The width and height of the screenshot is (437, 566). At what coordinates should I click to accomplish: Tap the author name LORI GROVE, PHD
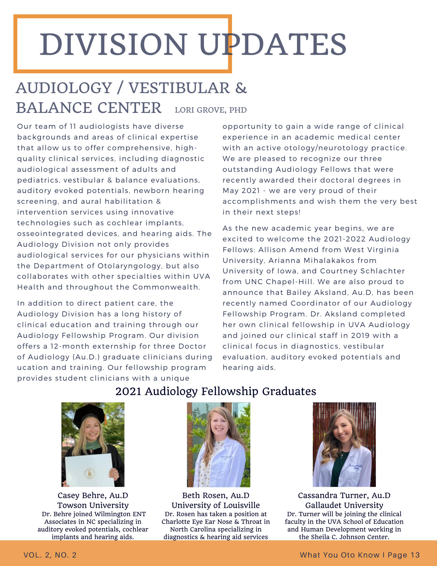pos(211,110)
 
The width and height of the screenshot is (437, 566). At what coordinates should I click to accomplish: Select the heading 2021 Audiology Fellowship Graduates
pos(216,391)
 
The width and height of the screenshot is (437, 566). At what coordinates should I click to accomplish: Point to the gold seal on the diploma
pos(90,473)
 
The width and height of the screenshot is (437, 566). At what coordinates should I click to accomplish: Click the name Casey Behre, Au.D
pos(93,496)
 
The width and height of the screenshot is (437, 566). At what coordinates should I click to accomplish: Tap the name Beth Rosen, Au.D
pos(216,496)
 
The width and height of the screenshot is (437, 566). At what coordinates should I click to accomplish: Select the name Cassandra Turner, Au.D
pos(344,496)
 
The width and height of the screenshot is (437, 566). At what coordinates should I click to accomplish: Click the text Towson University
pos(93,505)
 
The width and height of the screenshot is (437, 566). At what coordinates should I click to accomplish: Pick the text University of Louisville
pos(216,505)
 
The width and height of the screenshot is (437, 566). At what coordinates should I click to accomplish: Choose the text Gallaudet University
pos(344,505)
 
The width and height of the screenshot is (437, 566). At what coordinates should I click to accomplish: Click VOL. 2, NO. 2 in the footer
pos(50,555)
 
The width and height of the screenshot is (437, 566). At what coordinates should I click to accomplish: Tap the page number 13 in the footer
pos(415,555)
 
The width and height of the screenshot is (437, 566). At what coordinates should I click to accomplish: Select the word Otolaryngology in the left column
pos(129,266)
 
